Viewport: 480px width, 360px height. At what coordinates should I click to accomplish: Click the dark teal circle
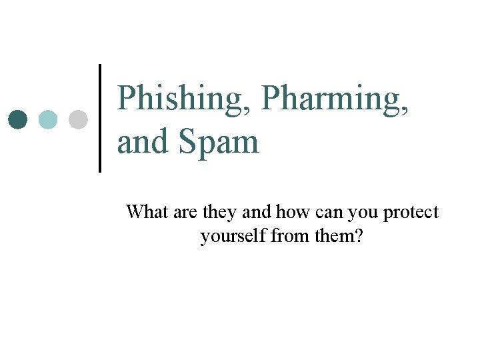pyautogui.click(x=19, y=120)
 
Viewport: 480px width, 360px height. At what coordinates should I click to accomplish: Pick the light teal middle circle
pyautogui.click(x=48, y=120)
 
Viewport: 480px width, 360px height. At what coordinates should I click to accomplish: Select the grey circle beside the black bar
pyautogui.click(x=78, y=120)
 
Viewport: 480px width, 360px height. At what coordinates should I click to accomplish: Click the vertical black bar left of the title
pyautogui.click(x=101, y=118)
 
